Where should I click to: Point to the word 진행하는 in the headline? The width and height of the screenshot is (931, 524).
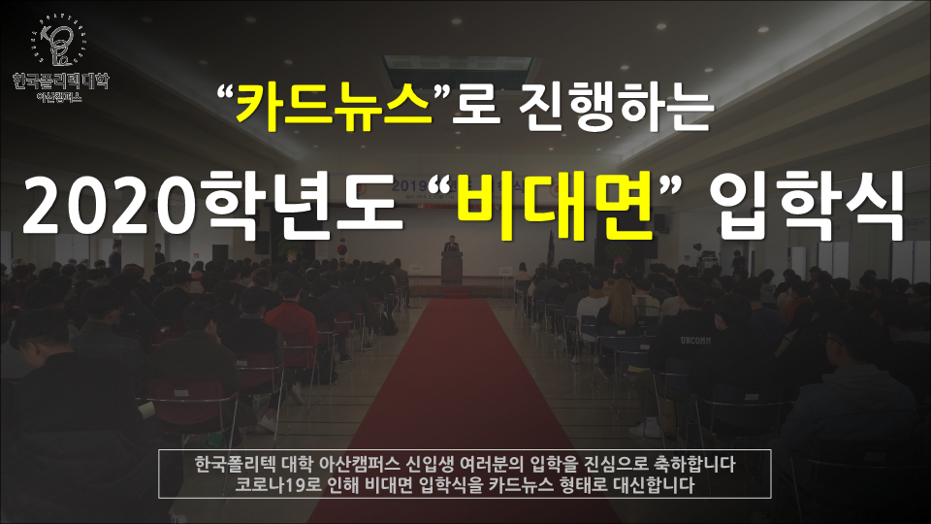(x=616, y=106)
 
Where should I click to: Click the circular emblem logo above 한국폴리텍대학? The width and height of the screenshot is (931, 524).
(x=59, y=42)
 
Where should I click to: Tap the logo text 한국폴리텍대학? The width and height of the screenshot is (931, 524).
(x=60, y=81)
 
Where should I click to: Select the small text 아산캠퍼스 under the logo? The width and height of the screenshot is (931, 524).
(x=59, y=97)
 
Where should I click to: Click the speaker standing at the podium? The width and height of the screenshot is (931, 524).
(x=452, y=245)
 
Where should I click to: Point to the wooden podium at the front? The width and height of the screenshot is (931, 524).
(x=452, y=268)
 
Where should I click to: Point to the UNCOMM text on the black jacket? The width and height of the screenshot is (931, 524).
(x=695, y=341)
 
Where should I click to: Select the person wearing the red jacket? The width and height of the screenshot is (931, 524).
(x=291, y=330)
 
